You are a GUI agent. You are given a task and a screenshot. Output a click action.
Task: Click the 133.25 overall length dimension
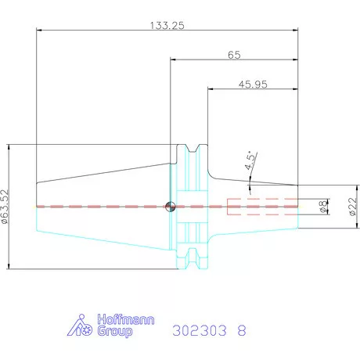coord(167,26)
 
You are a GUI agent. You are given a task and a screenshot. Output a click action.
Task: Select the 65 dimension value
coord(234,55)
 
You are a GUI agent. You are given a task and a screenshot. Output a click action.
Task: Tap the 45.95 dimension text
coord(253,85)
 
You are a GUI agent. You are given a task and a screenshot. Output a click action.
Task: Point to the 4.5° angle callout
coord(250,160)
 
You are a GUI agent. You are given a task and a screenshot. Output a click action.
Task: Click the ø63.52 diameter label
coord(5,207)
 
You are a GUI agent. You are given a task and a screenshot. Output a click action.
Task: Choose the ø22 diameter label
coord(353,207)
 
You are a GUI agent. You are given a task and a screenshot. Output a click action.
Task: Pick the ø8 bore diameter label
coord(323,207)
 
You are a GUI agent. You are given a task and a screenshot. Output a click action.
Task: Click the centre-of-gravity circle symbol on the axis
coord(171,207)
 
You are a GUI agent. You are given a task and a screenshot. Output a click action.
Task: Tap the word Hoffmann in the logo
coord(126,319)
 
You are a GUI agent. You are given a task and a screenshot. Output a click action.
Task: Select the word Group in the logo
coord(115,331)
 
